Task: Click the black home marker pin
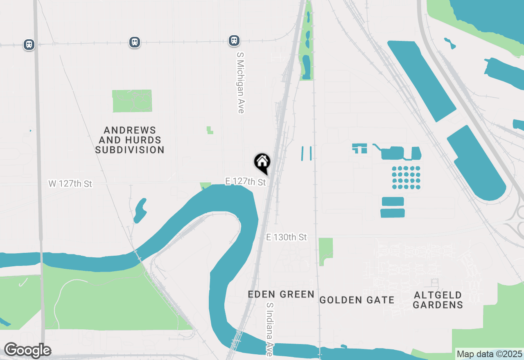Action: (262, 162)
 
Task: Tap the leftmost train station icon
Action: (29, 44)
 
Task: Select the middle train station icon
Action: (135, 42)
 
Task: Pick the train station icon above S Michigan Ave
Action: (234, 40)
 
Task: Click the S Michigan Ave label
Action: (240, 82)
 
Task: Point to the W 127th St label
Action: (70, 184)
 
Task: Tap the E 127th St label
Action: (246, 181)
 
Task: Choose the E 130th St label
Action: (286, 237)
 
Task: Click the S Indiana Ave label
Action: (269, 329)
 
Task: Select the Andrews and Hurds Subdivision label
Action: (130, 140)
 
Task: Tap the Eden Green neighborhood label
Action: (281, 294)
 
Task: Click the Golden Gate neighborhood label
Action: (357, 300)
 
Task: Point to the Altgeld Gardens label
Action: (438, 300)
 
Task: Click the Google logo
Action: (27, 350)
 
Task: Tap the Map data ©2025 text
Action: (489, 354)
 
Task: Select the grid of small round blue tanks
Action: (406, 178)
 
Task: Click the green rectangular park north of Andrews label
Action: (132, 101)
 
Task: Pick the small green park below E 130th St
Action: (325, 250)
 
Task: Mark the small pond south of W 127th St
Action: (140, 210)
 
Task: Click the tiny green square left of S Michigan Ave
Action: (210, 130)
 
